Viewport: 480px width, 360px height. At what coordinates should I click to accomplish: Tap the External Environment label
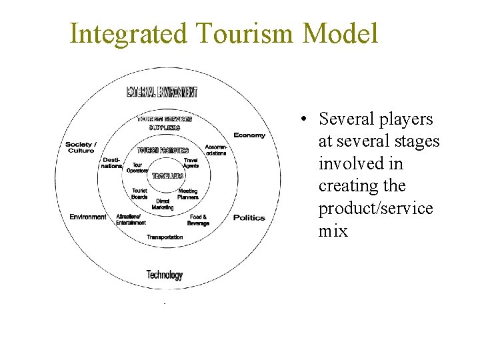click(x=162, y=92)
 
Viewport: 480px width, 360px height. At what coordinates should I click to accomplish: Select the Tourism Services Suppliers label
click(x=164, y=123)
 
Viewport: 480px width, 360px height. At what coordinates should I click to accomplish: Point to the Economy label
click(x=249, y=135)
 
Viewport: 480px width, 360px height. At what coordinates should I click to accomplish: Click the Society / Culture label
click(x=81, y=147)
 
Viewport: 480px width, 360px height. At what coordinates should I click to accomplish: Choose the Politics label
click(x=249, y=218)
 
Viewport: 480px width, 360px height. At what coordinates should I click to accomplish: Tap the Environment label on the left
click(x=87, y=217)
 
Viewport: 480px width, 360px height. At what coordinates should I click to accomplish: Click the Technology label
click(x=164, y=275)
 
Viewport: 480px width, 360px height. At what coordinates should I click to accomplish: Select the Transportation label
click(x=165, y=237)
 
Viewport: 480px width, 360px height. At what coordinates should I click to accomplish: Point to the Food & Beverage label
click(x=199, y=220)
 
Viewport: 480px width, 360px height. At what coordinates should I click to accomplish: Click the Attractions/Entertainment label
click(x=131, y=219)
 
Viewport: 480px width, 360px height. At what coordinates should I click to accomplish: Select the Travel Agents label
click(x=191, y=163)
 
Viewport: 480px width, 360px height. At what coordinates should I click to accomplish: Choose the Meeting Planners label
click(x=188, y=194)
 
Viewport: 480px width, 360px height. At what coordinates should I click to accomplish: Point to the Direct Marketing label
click(x=163, y=203)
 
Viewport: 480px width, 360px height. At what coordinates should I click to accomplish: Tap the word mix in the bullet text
click(x=333, y=231)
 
